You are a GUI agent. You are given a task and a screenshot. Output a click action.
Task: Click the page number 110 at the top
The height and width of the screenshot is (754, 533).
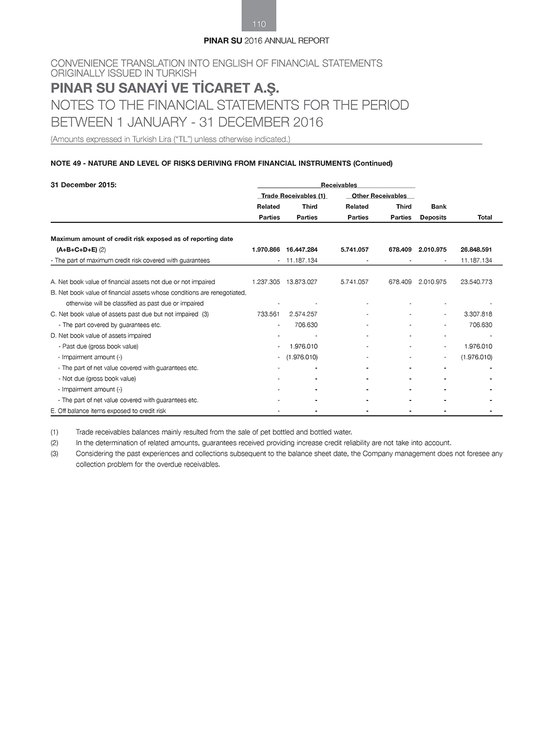click(259, 24)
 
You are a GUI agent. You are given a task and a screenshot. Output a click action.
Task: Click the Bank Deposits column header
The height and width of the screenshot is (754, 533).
click(433, 212)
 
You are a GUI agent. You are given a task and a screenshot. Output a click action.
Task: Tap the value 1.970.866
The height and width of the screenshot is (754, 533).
click(265, 250)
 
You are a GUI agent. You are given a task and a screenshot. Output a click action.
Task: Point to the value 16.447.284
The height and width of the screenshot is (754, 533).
click(302, 250)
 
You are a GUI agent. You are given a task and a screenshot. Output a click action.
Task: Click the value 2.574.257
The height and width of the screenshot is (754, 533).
click(303, 314)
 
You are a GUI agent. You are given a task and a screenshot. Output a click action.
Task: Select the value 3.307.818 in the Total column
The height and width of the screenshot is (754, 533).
click(478, 314)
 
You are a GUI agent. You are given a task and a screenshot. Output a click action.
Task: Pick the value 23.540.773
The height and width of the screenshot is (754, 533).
click(476, 282)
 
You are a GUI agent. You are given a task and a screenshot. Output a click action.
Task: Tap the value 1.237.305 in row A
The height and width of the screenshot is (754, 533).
click(265, 282)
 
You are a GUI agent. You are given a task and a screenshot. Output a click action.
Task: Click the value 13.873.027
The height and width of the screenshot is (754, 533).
click(302, 282)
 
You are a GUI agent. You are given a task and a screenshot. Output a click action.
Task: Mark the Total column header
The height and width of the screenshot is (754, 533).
click(484, 218)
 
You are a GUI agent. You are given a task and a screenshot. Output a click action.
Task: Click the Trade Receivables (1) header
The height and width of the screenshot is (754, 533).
click(293, 196)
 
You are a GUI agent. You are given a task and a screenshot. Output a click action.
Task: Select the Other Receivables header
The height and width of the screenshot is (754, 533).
click(379, 196)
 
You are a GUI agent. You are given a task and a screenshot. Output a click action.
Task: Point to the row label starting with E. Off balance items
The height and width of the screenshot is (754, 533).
click(108, 411)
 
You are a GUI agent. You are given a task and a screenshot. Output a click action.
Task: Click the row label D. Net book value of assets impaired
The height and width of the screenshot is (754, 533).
click(101, 335)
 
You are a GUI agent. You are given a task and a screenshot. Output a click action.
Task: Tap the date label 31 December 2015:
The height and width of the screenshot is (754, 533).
click(83, 185)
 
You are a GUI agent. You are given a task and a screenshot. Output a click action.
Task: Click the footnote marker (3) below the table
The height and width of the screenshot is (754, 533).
click(55, 454)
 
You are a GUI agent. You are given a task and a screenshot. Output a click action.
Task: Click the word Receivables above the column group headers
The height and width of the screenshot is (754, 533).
click(338, 185)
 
